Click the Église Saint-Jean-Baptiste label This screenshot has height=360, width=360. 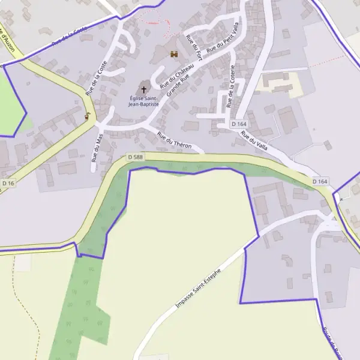pos(143,101)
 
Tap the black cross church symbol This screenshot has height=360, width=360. pos(143,89)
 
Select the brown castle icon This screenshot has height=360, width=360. pos(175,55)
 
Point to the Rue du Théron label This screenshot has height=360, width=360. pos(174,140)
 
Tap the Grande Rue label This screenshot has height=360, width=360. pos(178,86)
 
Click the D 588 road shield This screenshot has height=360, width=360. pos(136,157)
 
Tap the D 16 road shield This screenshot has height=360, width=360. pos(8,183)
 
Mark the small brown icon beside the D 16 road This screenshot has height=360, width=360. pos(88,116)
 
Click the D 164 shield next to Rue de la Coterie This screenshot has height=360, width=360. pos(239,124)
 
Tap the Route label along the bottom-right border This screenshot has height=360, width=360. pos(332,342)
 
